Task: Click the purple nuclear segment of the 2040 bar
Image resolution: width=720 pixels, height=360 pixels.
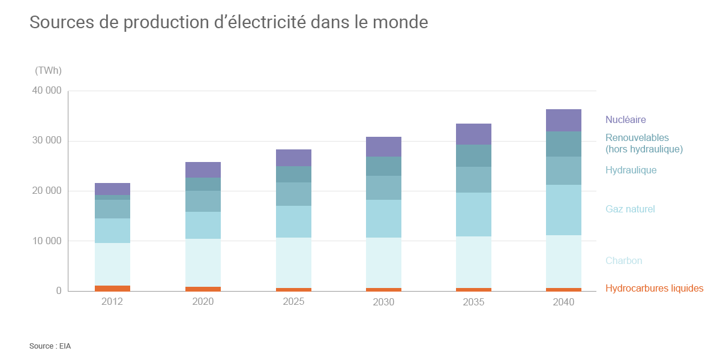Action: coord(563,120)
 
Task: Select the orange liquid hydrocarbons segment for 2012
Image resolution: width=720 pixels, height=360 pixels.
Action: coord(112,288)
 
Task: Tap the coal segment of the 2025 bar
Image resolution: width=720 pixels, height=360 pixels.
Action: coord(293,263)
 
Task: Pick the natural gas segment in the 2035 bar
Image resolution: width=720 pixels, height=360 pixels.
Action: coord(473,214)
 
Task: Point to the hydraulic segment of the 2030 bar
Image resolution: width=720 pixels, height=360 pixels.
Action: coord(383,188)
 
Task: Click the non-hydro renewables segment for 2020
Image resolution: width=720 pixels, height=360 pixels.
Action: coord(203,184)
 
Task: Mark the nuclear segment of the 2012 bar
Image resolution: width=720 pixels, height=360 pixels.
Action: coord(112,189)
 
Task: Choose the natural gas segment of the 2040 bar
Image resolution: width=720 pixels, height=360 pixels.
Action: coord(563,210)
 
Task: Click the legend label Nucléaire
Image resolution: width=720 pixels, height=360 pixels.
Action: coord(625,120)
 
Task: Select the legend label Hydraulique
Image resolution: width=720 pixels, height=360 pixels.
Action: coord(631,170)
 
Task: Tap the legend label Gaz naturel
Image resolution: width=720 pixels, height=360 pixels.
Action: coord(630,209)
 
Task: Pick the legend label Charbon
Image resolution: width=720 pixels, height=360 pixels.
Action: coord(623,261)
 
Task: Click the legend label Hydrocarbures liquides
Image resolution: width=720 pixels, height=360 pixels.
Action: coord(654,289)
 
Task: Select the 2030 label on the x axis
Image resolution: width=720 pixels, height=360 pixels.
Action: coord(383,302)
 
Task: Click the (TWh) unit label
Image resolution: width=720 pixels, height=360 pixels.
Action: coord(48,71)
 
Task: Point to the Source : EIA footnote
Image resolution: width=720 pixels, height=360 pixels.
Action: coord(50,346)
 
